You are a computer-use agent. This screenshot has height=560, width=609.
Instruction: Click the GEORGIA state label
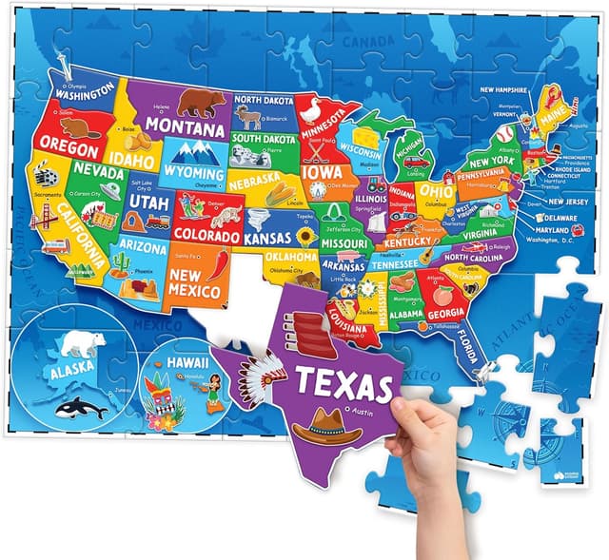coord(445,314)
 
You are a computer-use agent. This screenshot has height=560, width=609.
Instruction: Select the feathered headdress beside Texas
coord(259,372)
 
